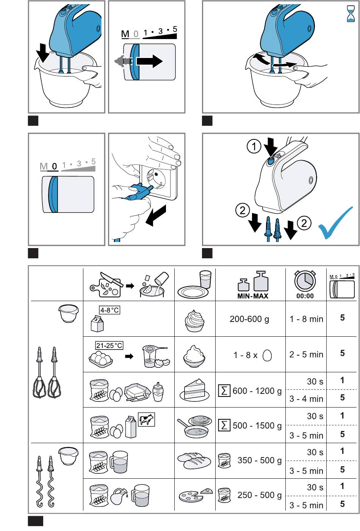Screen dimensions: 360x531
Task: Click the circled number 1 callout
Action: coord(254,146)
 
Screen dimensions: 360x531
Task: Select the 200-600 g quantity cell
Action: coord(249,319)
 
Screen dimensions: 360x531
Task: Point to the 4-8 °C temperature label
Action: coord(110,310)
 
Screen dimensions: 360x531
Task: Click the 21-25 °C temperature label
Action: coord(109,345)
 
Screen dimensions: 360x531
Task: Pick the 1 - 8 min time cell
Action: coord(307,319)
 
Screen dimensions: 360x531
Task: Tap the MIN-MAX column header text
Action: coord(253,296)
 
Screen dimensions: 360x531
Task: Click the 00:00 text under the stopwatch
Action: coord(305,296)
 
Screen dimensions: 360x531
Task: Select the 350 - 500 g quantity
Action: coord(260,460)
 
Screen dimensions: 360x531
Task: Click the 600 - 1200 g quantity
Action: coord(257,391)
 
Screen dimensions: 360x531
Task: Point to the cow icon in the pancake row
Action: coord(146,420)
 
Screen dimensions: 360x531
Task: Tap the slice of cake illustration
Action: coord(194,389)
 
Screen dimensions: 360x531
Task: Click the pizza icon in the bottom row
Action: coord(196,495)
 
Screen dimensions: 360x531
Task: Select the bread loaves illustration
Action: coord(194,461)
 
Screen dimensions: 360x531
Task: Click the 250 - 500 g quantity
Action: coord(260,495)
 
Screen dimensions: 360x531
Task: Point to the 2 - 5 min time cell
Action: coord(307,355)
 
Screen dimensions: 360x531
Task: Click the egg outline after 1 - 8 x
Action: coord(267,355)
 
